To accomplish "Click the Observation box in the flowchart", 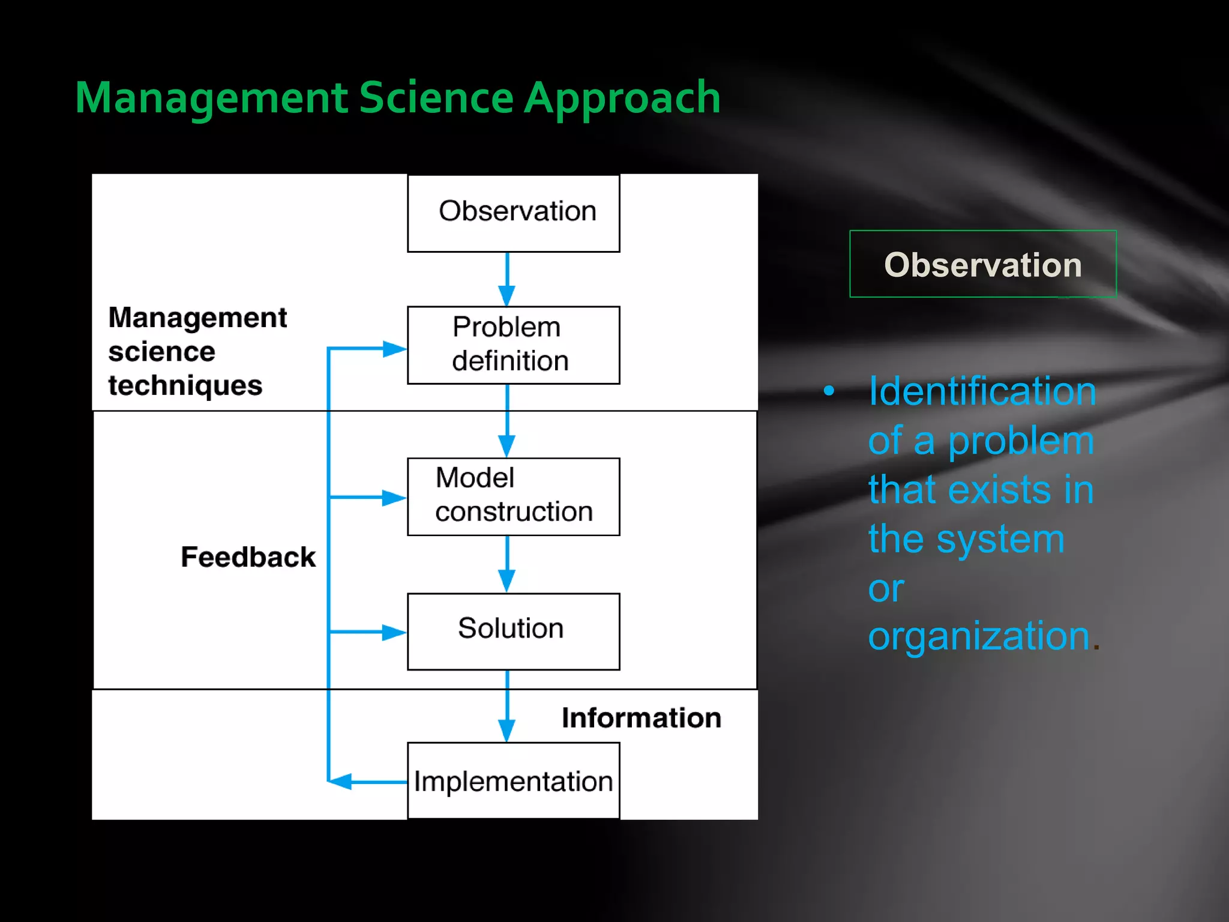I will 513,212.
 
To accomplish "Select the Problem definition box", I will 513,345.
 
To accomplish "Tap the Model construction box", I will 513,496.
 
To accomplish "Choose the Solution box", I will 513,631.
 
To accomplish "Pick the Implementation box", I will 513,780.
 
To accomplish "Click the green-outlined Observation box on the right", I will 982,264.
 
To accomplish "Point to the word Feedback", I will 248,557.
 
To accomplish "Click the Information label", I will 641,718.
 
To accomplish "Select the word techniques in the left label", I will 185,385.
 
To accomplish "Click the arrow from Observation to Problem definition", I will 507,279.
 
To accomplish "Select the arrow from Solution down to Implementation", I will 507,706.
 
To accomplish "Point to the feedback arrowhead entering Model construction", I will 394,497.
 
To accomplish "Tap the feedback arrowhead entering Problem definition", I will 394,348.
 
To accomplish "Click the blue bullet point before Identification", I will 829,391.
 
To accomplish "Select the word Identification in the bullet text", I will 982,391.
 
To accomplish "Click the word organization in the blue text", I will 979,636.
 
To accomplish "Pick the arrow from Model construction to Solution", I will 507,564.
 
